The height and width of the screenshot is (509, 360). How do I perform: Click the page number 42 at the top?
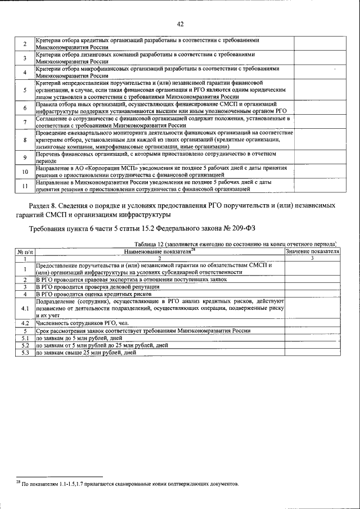[x=180, y=24]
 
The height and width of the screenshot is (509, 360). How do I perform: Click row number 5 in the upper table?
[x=25, y=90]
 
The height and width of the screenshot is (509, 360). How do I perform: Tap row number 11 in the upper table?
[x=25, y=186]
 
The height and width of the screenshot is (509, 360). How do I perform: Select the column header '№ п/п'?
[x=25, y=251]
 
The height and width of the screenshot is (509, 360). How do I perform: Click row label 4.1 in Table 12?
[x=25, y=309]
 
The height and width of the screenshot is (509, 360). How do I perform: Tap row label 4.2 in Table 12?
[x=25, y=323]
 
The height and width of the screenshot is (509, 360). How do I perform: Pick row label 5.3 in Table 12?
[x=25, y=353]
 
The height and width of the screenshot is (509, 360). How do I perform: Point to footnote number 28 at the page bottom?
[x=18, y=483]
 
